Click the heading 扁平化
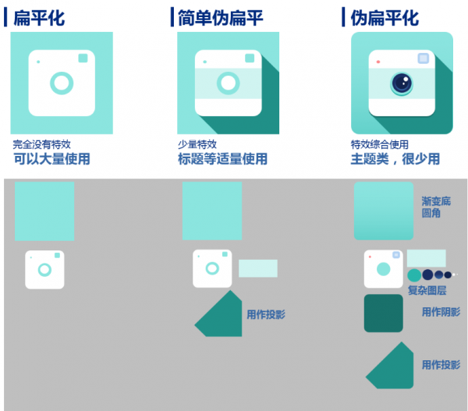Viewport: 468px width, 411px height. (39, 18)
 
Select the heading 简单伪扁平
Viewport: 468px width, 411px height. (220, 18)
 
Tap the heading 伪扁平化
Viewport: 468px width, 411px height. (385, 18)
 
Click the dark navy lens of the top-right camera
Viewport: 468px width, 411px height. (402, 83)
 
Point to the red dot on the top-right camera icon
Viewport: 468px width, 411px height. (378, 62)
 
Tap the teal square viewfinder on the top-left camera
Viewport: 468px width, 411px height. (83, 58)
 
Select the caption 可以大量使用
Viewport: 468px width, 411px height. (51, 159)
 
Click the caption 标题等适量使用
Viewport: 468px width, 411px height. (222, 159)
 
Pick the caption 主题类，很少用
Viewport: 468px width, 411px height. (395, 159)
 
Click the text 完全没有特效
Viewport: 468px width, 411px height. (42, 144)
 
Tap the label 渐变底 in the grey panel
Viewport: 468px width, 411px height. (436, 201)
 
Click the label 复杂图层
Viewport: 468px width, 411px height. (427, 290)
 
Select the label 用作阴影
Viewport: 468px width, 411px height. (441, 312)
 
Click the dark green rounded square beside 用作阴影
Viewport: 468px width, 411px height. (384, 313)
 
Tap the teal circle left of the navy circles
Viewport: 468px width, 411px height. (414, 275)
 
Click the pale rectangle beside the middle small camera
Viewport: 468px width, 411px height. (258, 268)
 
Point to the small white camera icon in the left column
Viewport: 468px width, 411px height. (44, 270)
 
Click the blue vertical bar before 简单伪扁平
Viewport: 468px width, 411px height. (172, 17)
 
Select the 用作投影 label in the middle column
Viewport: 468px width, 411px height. (266, 314)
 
